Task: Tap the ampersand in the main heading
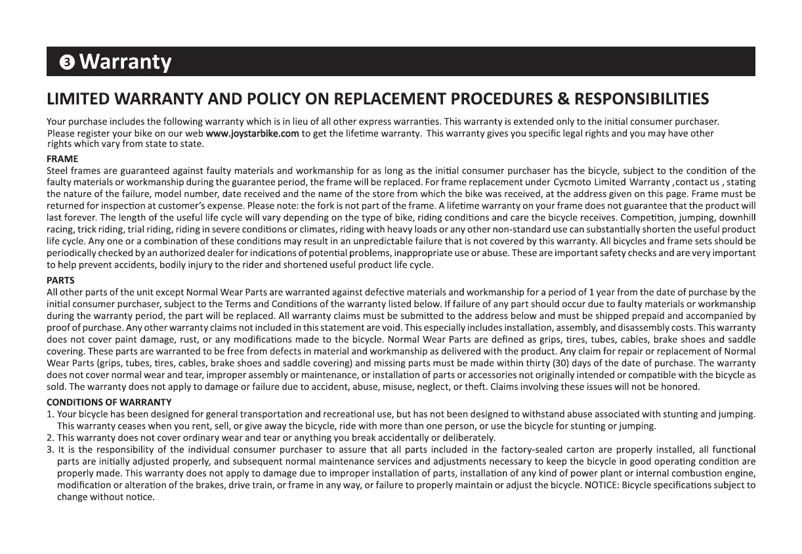pyautogui.click(x=562, y=99)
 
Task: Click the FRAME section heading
pyautogui.click(x=62, y=159)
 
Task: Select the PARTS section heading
pyautogui.click(x=61, y=280)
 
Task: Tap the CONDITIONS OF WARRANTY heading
pyautogui.click(x=109, y=402)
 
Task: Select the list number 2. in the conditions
pyautogui.click(x=51, y=437)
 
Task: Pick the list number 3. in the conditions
pyautogui.click(x=51, y=450)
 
